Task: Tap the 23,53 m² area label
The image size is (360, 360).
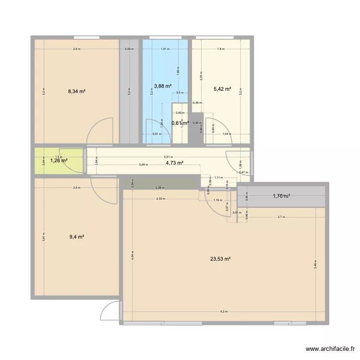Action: [220, 259]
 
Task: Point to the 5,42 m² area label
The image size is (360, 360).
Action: [221, 89]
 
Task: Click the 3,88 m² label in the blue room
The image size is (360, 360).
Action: [162, 86]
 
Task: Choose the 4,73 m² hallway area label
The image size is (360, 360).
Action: [174, 163]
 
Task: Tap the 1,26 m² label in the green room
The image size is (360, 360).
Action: [59, 161]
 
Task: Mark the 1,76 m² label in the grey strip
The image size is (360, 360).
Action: [282, 195]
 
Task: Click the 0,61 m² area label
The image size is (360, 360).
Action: [180, 123]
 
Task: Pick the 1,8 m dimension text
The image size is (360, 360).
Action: [220, 48]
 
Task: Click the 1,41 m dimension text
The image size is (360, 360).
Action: [165, 48]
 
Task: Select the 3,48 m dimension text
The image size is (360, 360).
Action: [143, 165]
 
